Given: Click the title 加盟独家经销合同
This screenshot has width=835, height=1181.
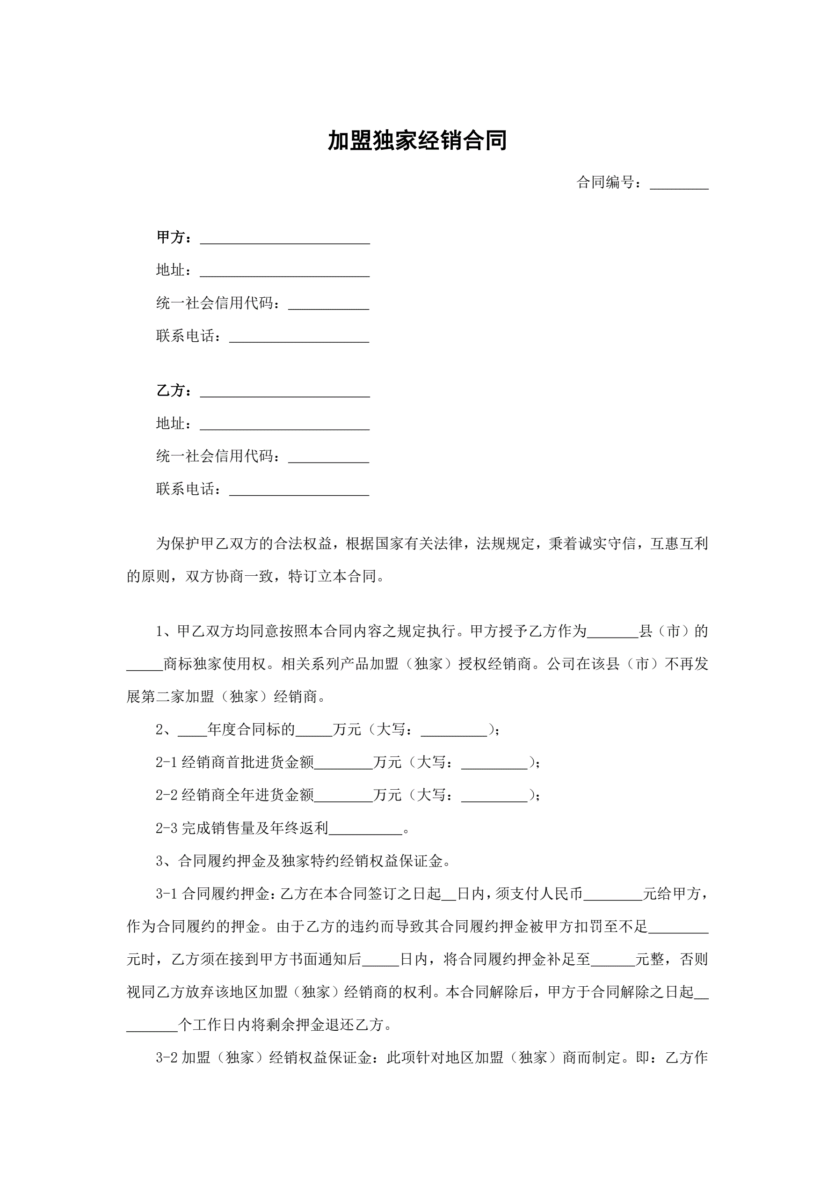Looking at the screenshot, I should (417, 141).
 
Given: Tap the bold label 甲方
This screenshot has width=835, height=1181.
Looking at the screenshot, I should (170, 237).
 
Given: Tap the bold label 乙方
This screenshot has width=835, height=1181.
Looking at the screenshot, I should (170, 390).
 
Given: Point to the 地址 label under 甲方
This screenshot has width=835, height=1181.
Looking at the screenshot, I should (170, 270).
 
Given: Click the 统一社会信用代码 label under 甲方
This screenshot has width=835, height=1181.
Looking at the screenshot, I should (214, 303).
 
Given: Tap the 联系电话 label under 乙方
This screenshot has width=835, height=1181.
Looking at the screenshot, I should (185, 489).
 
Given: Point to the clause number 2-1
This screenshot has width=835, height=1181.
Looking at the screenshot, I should (166, 763).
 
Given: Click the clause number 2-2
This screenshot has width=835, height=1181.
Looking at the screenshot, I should (166, 795).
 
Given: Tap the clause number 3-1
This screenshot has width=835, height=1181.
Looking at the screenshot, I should (166, 894).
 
